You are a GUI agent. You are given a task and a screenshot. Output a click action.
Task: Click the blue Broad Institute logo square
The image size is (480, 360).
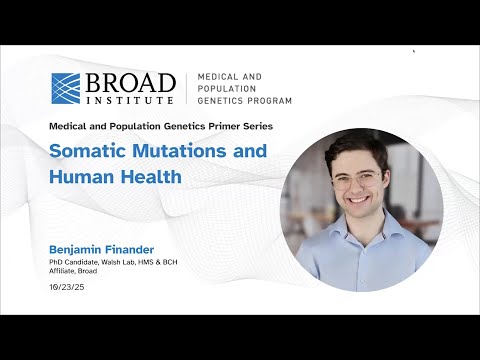[x=65, y=87]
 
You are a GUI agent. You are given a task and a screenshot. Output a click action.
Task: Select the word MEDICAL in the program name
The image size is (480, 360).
[x=218, y=76]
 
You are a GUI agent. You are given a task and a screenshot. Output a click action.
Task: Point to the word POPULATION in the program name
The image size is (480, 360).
[x=226, y=88]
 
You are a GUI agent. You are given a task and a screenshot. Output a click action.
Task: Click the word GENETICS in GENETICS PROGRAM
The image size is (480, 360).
[x=221, y=100]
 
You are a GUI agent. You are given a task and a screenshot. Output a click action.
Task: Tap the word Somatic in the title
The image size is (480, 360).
[x=90, y=152]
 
